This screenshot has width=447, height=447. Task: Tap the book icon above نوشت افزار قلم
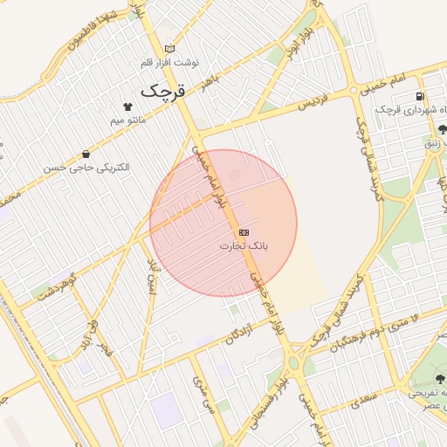[169, 49]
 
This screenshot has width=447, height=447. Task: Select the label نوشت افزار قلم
[171, 63]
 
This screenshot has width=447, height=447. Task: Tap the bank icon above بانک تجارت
[244, 232]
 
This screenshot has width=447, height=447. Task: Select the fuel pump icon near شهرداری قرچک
[421, 97]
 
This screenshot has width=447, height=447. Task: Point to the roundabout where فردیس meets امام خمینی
[354, 89]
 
